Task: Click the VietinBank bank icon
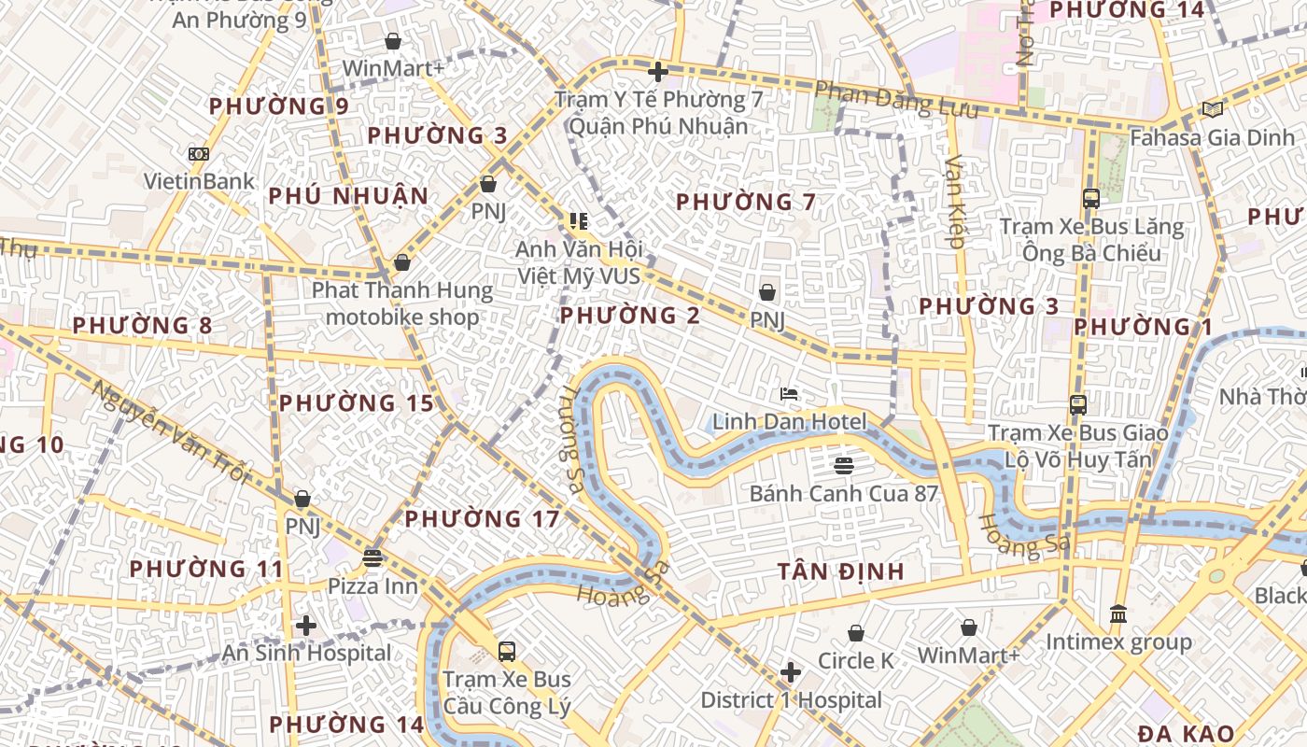pyautogui.click(x=198, y=154)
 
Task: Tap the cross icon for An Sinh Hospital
pyautogui.click(x=305, y=626)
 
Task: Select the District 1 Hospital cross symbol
pyautogui.click(x=791, y=672)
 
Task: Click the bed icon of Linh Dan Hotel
pyautogui.click(x=789, y=394)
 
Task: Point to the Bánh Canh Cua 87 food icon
pyautogui.click(x=844, y=465)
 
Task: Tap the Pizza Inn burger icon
pyautogui.click(x=372, y=558)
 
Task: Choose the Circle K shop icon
pyautogui.click(x=855, y=633)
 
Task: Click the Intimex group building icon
pyautogui.click(x=1117, y=614)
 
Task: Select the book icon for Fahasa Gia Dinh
pyautogui.click(x=1212, y=110)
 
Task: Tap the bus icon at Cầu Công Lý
pyautogui.click(x=506, y=651)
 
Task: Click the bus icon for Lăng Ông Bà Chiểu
pyautogui.click(x=1090, y=199)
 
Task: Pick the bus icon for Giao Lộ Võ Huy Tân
pyautogui.click(x=1077, y=405)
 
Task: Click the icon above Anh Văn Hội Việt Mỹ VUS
pyautogui.click(x=578, y=221)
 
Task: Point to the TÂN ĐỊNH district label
pyautogui.click(x=841, y=571)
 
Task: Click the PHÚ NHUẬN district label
pyautogui.click(x=348, y=196)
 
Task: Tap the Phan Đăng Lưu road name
pyautogui.click(x=896, y=99)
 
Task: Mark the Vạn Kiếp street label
pyautogui.click(x=954, y=201)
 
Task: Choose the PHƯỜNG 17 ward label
pyautogui.click(x=482, y=519)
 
